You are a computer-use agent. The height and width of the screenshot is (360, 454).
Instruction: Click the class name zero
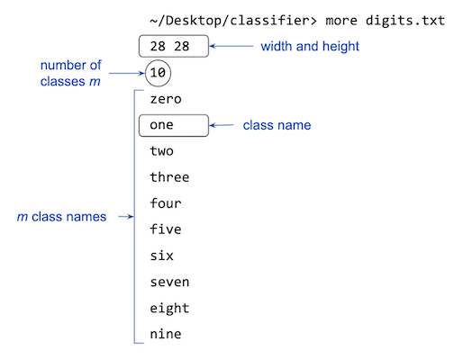pyautogui.click(x=166, y=99)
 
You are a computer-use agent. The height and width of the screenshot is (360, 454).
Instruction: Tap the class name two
pyautogui.click(x=162, y=151)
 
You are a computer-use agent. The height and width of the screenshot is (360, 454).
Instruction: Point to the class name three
pyautogui.click(x=169, y=177)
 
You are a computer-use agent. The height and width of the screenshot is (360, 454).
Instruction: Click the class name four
pyautogui.click(x=166, y=203)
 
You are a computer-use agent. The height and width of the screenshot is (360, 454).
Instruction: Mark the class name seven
pyautogui.click(x=169, y=282)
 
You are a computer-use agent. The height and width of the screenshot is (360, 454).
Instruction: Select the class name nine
pyautogui.click(x=166, y=334)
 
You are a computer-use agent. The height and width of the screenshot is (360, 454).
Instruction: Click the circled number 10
pyautogui.click(x=158, y=73)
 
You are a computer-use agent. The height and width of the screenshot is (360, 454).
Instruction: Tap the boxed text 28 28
pyautogui.click(x=174, y=47)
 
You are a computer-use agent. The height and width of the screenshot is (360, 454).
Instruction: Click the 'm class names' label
pyautogui.click(x=61, y=217)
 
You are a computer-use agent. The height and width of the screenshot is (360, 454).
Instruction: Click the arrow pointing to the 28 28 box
pyautogui.click(x=232, y=47)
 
